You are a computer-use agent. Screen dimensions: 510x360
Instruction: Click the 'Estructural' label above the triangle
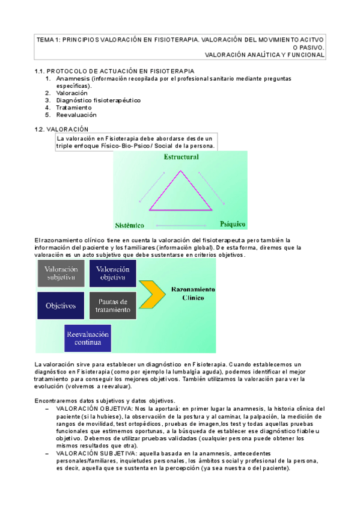[x=181, y=157]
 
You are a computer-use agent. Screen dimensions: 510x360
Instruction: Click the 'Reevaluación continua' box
[x=88, y=338]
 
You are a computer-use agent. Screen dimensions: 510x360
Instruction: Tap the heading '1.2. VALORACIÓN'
[x=61, y=129]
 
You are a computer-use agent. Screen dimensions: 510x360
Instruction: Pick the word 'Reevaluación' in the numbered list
[x=76, y=115]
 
